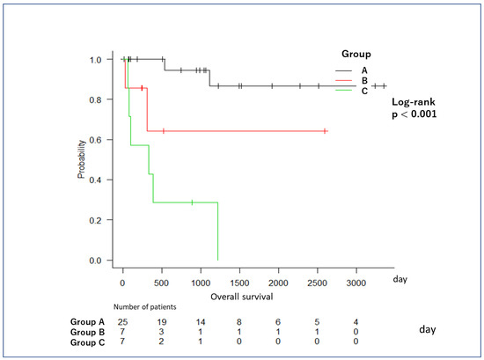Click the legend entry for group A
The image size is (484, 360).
tap(352, 70)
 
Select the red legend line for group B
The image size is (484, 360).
tap(343, 81)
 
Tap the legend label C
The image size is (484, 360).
tap(364, 91)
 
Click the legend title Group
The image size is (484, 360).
tap(356, 54)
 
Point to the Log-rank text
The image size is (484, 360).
tap(414, 102)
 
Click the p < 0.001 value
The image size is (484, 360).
tap(414, 114)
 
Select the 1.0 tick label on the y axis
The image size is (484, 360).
tap(95, 59)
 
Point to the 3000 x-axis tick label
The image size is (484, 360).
tap(356, 283)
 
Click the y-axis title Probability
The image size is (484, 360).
tap(81, 159)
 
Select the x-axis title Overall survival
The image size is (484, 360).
tap(242, 297)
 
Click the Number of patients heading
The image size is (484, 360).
tap(145, 307)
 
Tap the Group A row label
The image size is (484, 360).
tap(87, 322)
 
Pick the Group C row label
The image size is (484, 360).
tap(87, 342)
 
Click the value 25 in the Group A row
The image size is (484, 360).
tap(122, 322)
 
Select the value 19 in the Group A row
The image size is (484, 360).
tap(161, 322)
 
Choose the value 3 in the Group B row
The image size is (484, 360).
tap(161, 332)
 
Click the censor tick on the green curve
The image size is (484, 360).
tap(192, 202)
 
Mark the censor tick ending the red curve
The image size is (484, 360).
tap(325, 131)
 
